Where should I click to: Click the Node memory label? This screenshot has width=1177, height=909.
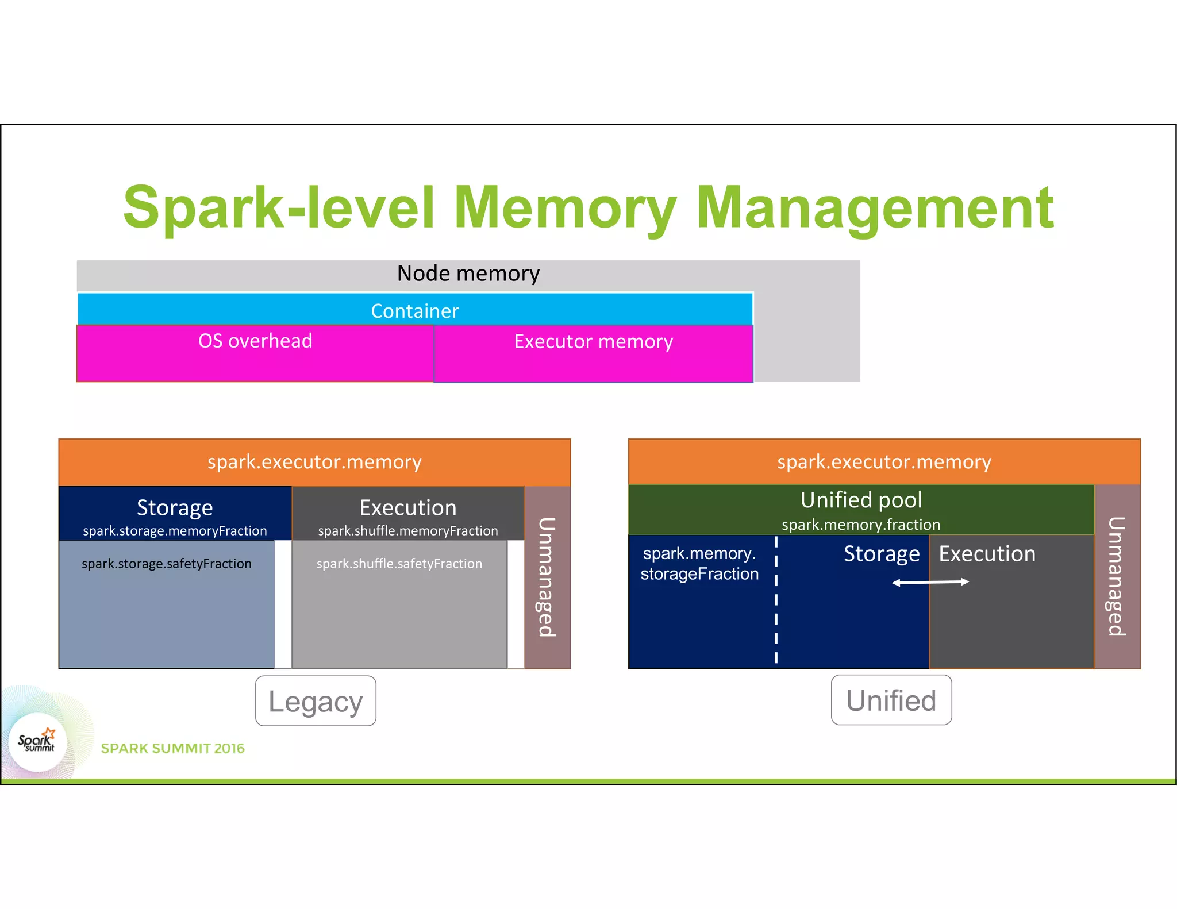[x=468, y=274]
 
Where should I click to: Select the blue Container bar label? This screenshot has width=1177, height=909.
[x=414, y=311]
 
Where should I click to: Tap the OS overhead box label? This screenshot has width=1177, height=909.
[x=255, y=341]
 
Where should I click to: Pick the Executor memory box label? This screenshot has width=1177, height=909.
[x=593, y=341]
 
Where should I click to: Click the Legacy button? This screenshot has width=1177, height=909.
[x=316, y=701]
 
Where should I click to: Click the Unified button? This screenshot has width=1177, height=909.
[x=891, y=700]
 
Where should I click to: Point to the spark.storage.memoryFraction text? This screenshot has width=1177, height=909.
[x=175, y=531]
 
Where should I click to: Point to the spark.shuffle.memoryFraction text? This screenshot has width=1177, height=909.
[x=407, y=531]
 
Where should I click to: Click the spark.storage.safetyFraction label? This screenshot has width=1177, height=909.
[x=166, y=564]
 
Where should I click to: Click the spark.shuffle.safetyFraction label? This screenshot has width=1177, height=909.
[x=399, y=564]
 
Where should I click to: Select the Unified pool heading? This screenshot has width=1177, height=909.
[x=861, y=500]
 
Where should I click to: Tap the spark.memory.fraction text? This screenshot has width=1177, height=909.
[x=860, y=525]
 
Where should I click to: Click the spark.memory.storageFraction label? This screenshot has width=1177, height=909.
[x=699, y=564]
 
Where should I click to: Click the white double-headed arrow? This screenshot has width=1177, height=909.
[x=930, y=583]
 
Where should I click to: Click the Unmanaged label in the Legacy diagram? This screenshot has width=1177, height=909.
[x=547, y=577]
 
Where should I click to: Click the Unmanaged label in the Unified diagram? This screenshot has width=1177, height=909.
[x=1116, y=576]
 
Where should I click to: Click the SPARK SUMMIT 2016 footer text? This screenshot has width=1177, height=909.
[x=172, y=748]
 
